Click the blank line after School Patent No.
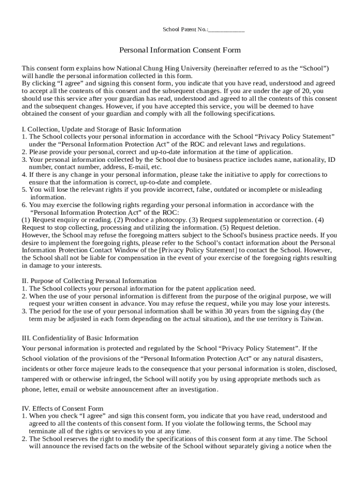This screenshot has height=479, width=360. pyautogui.click(x=227, y=31)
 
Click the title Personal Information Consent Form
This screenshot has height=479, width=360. pyautogui.click(x=180, y=50)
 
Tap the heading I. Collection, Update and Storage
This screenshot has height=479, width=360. pyautogui.click(x=101, y=129)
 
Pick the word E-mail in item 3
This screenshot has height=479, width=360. pyautogui.click(x=138, y=167)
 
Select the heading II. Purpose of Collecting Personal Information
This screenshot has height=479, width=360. pyautogui.click(x=89, y=281)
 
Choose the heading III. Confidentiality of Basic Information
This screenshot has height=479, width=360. pyautogui.click(x=80, y=338)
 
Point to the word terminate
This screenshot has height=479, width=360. pyautogui.click(x=44, y=431)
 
